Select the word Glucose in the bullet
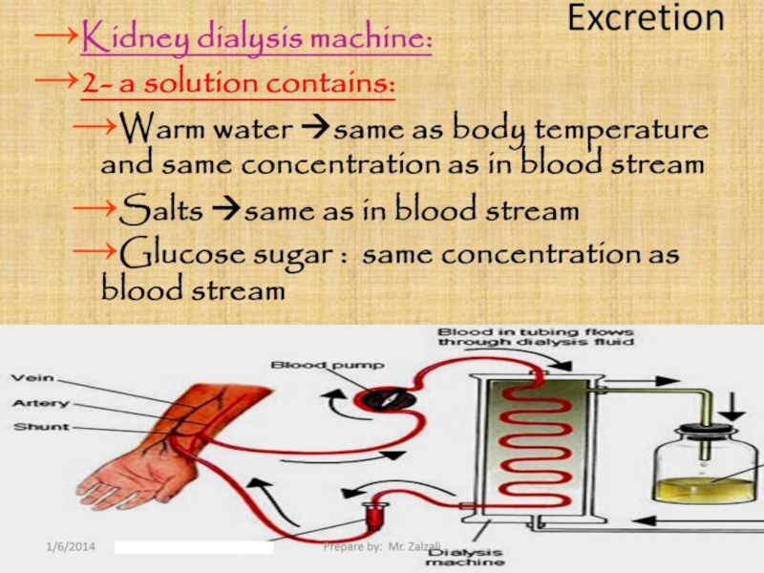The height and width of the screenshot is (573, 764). click(182, 255)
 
